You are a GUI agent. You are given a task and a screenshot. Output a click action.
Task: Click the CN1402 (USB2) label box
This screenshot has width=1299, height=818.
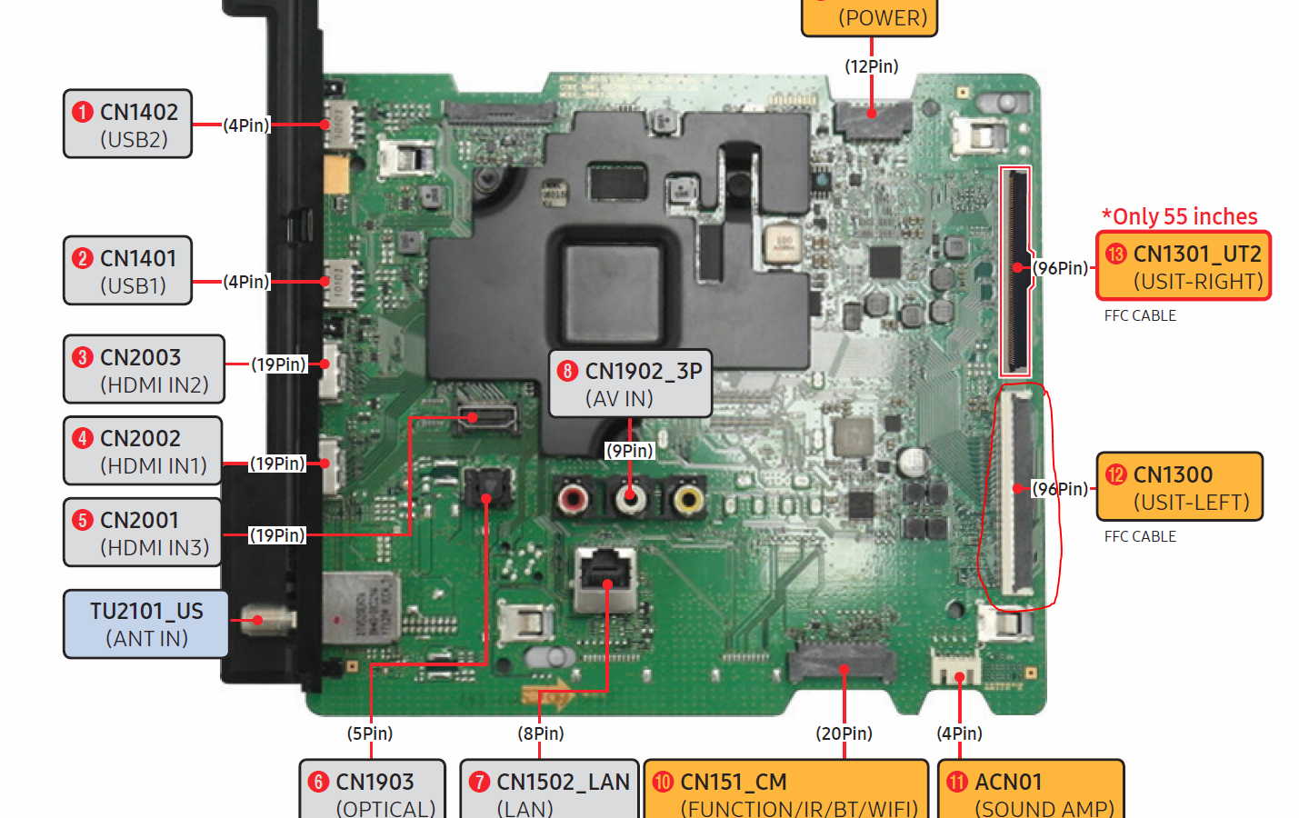click(x=127, y=124)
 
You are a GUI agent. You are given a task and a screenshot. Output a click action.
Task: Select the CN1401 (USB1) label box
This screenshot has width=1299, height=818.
click(x=127, y=270)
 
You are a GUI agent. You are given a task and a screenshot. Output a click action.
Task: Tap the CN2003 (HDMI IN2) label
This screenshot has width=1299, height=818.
click(x=144, y=369)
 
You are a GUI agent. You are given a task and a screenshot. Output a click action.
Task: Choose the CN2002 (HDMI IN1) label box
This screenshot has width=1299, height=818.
click(x=143, y=451)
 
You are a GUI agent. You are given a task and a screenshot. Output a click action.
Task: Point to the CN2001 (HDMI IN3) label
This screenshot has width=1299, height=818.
click(x=143, y=532)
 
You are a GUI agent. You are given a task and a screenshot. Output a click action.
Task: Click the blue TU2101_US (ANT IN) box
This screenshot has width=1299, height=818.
click(x=145, y=623)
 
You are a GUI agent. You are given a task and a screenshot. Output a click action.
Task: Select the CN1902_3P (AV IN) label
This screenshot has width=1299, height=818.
click(x=630, y=384)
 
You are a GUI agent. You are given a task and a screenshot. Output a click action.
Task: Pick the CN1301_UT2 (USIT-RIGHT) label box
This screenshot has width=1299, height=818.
click(x=1184, y=266)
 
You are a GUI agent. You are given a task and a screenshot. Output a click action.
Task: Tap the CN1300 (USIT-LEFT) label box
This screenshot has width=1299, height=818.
click(x=1179, y=486)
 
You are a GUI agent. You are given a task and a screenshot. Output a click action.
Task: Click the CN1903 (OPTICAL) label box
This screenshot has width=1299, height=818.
click(x=373, y=791)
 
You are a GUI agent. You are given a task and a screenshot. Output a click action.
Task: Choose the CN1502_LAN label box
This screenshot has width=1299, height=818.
click(x=550, y=791)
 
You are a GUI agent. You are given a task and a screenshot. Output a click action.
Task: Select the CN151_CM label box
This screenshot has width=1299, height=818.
click(x=785, y=791)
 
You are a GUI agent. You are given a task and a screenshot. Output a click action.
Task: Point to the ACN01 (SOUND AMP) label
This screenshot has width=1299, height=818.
click(x=1031, y=791)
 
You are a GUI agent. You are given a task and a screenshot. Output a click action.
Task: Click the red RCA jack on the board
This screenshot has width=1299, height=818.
click(x=573, y=498)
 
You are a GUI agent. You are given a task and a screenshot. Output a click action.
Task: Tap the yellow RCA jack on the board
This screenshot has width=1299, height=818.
click(x=688, y=498)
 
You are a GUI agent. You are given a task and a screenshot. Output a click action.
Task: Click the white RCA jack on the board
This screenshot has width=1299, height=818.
click(x=630, y=498)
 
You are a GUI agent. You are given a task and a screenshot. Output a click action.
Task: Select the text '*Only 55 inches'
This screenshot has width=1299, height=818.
click(x=1179, y=216)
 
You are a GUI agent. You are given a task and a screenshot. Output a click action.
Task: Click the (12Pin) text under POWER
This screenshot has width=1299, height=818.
click(x=871, y=66)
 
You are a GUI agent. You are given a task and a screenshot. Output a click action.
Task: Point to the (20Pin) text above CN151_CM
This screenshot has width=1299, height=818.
click(x=844, y=733)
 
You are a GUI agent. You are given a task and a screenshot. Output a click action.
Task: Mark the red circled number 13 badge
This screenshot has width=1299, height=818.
click(x=1116, y=254)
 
